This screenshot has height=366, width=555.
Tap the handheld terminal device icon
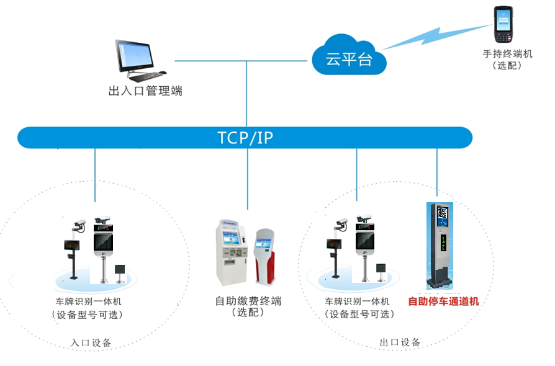501,25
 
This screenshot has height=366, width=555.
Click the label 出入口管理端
145,91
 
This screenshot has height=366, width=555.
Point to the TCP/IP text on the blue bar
245,138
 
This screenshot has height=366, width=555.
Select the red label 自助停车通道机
443,302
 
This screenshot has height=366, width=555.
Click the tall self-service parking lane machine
442,245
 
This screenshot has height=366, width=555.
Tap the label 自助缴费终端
248,301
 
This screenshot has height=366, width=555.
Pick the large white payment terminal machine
231,251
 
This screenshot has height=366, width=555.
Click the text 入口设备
91,342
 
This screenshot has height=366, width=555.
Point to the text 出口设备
400,342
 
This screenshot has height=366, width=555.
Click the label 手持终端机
507,54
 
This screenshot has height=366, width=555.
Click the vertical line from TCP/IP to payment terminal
247,180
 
